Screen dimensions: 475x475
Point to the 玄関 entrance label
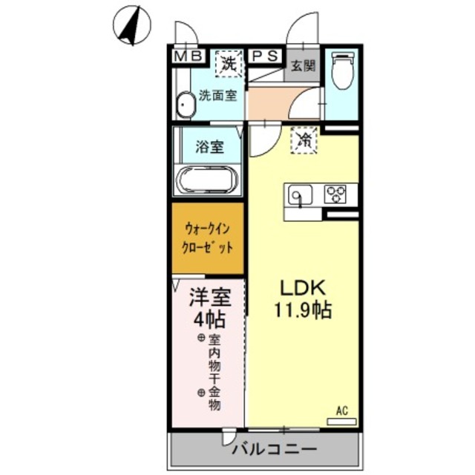[302, 65]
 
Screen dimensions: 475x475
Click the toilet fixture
[342, 72]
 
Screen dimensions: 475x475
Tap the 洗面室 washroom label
[218, 96]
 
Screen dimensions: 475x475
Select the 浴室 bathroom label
[209, 147]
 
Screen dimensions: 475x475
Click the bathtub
[207, 181]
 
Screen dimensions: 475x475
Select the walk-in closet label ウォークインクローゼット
[209, 238]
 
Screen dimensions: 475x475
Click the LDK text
[303, 288]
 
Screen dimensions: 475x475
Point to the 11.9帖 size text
[303, 309]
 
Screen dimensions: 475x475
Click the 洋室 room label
[209, 298]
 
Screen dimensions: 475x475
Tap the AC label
[341, 409]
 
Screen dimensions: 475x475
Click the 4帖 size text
[209, 321]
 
